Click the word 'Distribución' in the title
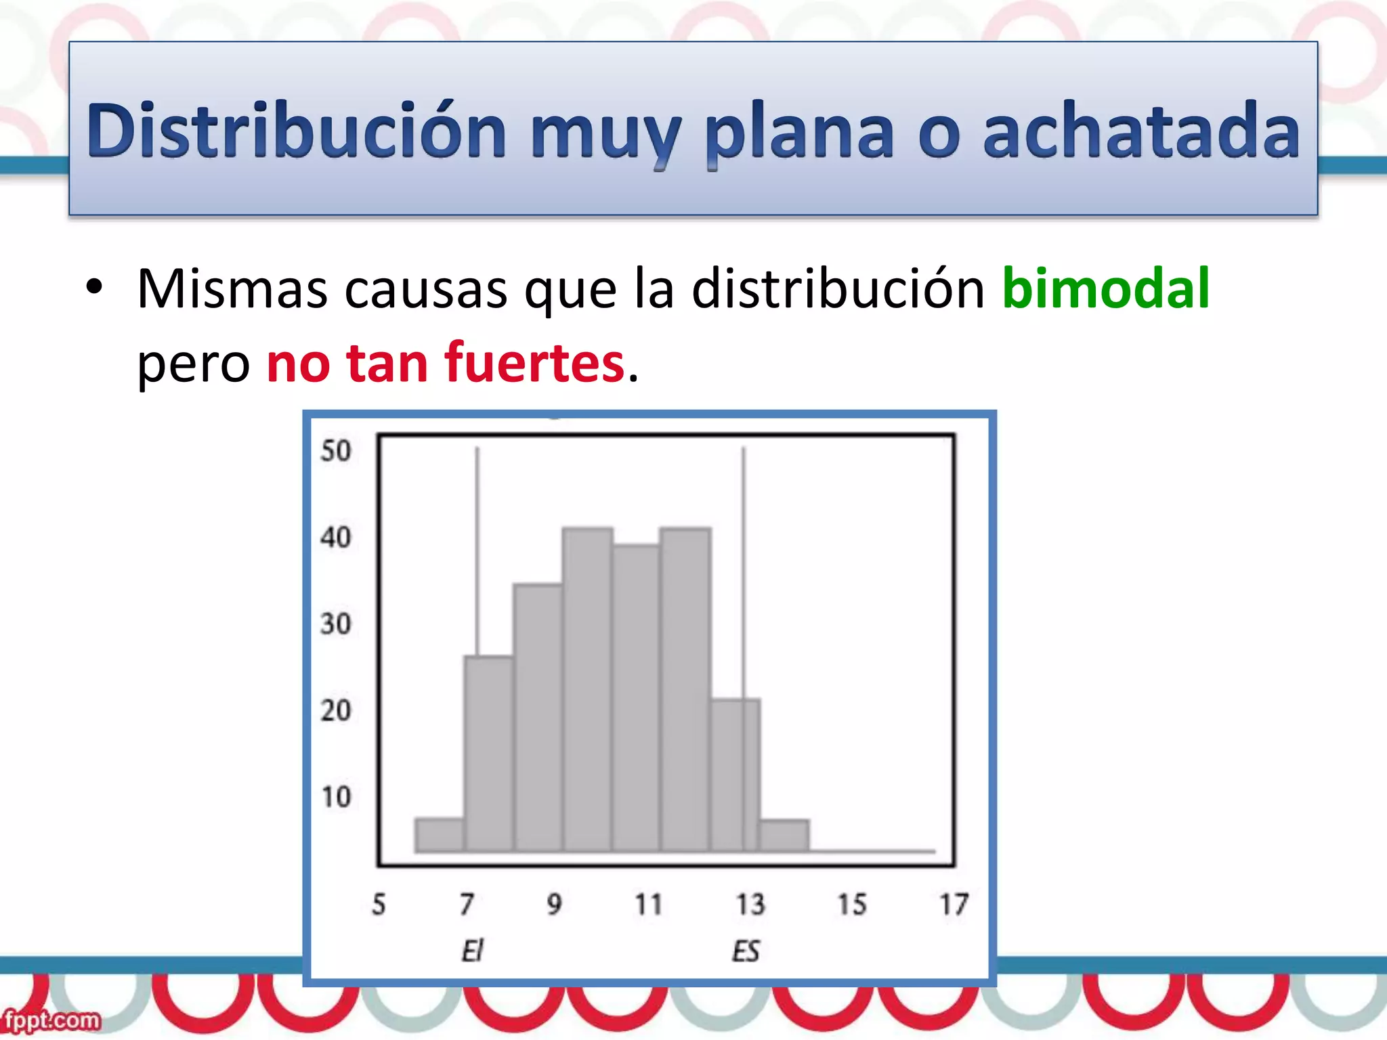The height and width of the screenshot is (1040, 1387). (x=296, y=130)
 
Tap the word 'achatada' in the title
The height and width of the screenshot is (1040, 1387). (x=1140, y=130)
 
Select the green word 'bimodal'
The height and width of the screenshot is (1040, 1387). (x=1105, y=288)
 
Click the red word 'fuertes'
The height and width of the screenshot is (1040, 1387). (x=534, y=363)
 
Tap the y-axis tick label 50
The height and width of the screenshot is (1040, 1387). (x=336, y=451)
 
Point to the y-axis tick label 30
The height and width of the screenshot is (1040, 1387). (x=336, y=624)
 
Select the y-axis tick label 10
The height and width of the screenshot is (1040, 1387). (x=336, y=797)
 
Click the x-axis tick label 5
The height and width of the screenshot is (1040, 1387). (x=379, y=905)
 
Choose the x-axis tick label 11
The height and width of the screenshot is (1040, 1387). (x=648, y=905)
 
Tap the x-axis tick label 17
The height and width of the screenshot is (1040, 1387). (x=954, y=905)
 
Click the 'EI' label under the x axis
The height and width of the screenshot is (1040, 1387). (x=471, y=952)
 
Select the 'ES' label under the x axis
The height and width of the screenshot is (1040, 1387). (x=746, y=952)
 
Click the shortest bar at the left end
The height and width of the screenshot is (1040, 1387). (x=440, y=835)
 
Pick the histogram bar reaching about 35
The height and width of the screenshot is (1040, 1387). (x=538, y=718)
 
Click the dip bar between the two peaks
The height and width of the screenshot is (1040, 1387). (x=636, y=697)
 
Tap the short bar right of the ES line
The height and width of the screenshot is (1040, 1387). (x=784, y=836)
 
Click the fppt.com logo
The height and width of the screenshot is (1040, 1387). (x=51, y=1020)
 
